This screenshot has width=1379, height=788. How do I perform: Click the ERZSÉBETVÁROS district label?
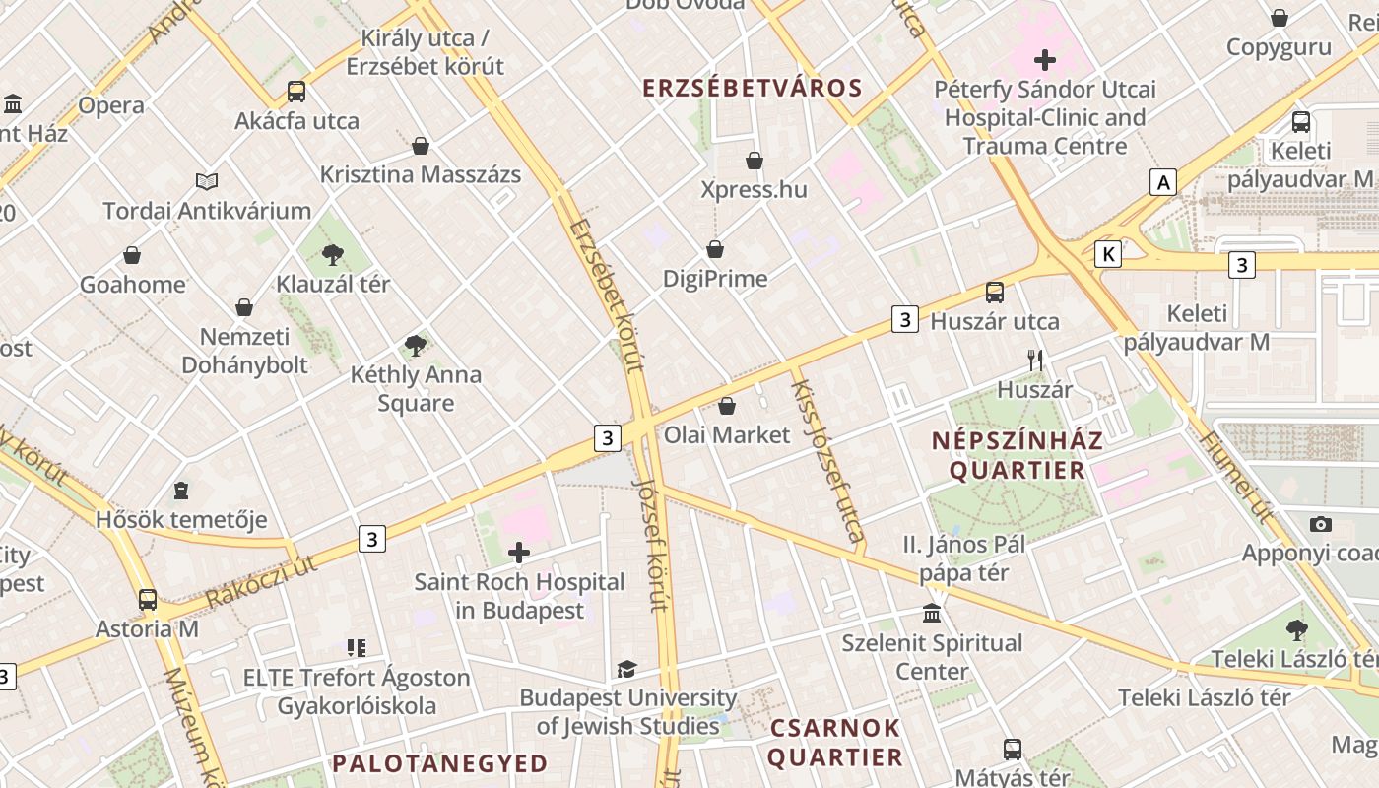[x=753, y=88]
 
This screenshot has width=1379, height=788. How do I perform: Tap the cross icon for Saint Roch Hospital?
[x=518, y=553]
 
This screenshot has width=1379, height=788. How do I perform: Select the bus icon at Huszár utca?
[x=995, y=293]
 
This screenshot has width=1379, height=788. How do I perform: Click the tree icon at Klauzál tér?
[x=333, y=255]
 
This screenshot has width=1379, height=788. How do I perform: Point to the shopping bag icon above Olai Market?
[x=727, y=406]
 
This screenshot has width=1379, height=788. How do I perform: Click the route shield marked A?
[x=1163, y=182]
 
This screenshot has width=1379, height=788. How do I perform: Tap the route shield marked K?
[x=1109, y=254]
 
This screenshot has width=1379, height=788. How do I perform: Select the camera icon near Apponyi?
[x=1321, y=524]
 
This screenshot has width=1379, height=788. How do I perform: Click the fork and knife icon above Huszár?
[x=1034, y=361]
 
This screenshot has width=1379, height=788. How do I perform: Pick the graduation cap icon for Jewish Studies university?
[x=626, y=670]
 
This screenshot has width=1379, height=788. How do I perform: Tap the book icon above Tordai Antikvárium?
[x=207, y=181]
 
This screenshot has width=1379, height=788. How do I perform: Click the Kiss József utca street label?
[x=828, y=461]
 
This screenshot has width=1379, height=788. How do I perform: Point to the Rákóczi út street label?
[x=261, y=581]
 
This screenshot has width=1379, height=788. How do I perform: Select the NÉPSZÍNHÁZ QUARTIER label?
[x=1017, y=455]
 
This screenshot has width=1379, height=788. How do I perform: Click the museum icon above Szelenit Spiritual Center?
[x=932, y=615]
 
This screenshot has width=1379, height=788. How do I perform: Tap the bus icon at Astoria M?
[x=148, y=599]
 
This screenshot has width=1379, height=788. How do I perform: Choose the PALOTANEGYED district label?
[x=439, y=763]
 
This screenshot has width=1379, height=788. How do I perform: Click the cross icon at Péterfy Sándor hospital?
[x=1045, y=60]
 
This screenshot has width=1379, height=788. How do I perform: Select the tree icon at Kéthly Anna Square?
[x=416, y=346]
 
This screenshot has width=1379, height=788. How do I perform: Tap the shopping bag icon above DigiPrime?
[x=715, y=250]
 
